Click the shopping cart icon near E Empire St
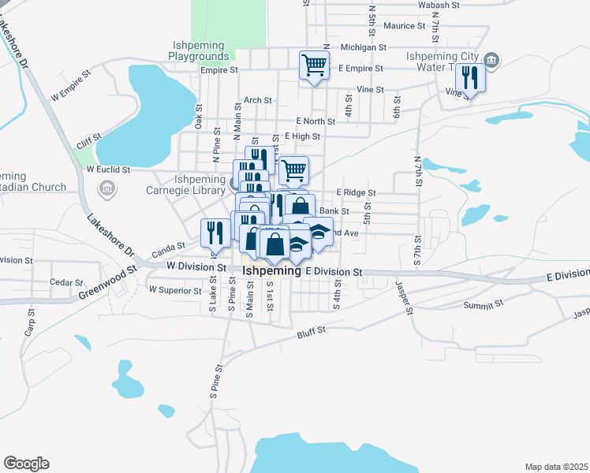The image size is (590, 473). tap(314, 65)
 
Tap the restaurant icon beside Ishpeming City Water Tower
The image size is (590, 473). tap(469, 78)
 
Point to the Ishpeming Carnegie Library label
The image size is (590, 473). tap(187, 184)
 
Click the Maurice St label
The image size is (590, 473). tap(404, 26)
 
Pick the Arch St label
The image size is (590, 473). tap(258, 101)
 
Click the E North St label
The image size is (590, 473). tap(316, 121)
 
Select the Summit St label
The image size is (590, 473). tap(482, 305)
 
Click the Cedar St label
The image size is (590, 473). tap(65, 282)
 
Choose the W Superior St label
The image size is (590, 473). tap(175, 290)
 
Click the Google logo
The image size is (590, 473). tap(26, 464)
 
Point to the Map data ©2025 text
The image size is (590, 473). tap(556, 467)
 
